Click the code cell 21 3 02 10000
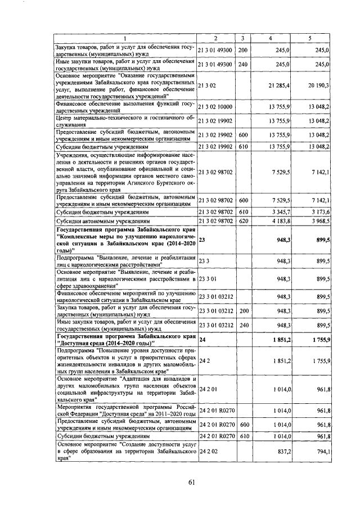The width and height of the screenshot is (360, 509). pyautogui.click(x=217, y=107)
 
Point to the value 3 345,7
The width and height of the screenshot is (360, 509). pyautogui.click(x=280, y=213)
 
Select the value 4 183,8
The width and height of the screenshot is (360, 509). pyautogui.click(x=280, y=222)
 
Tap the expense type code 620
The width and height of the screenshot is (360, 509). pyautogui.click(x=243, y=222)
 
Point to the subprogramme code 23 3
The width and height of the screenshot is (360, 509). pyautogui.click(x=204, y=262)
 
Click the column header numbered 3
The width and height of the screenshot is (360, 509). pyautogui.click(x=242, y=38)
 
